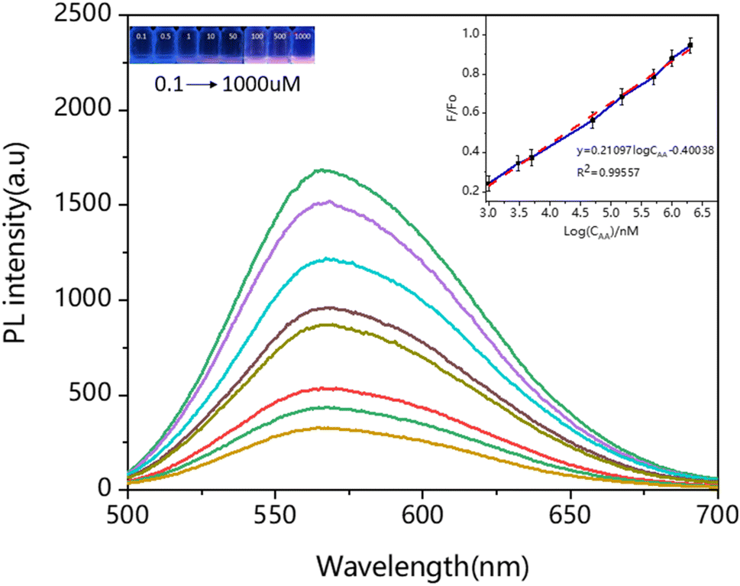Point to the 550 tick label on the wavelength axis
pyautogui.click(x=274, y=515)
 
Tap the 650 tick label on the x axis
pyautogui.click(x=570, y=515)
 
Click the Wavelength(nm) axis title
pyautogui.click(x=422, y=566)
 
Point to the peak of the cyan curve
pyautogui.click(x=325, y=259)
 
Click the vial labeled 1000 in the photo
pyautogui.click(x=302, y=45)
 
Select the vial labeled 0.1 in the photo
pyautogui.click(x=141, y=45)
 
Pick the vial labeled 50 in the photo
pyautogui.click(x=233, y=45)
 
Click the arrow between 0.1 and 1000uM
pyautogui.click(x=202, y=86)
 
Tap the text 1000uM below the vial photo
pyautogui.click(x=261, y=85)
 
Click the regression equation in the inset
pyautogui.click(x=645, y=151)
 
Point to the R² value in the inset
pyautogui.click(x=608, y=172)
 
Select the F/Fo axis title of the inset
pyautogui.click(x=451, y=108)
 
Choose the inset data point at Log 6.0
pyautogui.click(x=671, y=59)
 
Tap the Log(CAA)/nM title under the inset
pyautogui.click(x=601, y=231)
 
